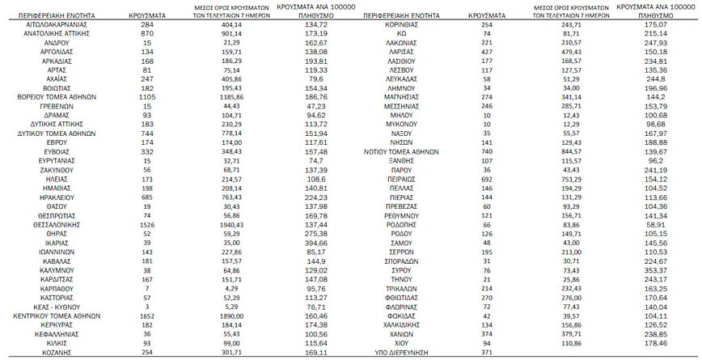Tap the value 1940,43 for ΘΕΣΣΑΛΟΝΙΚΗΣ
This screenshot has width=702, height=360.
point(232,222)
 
